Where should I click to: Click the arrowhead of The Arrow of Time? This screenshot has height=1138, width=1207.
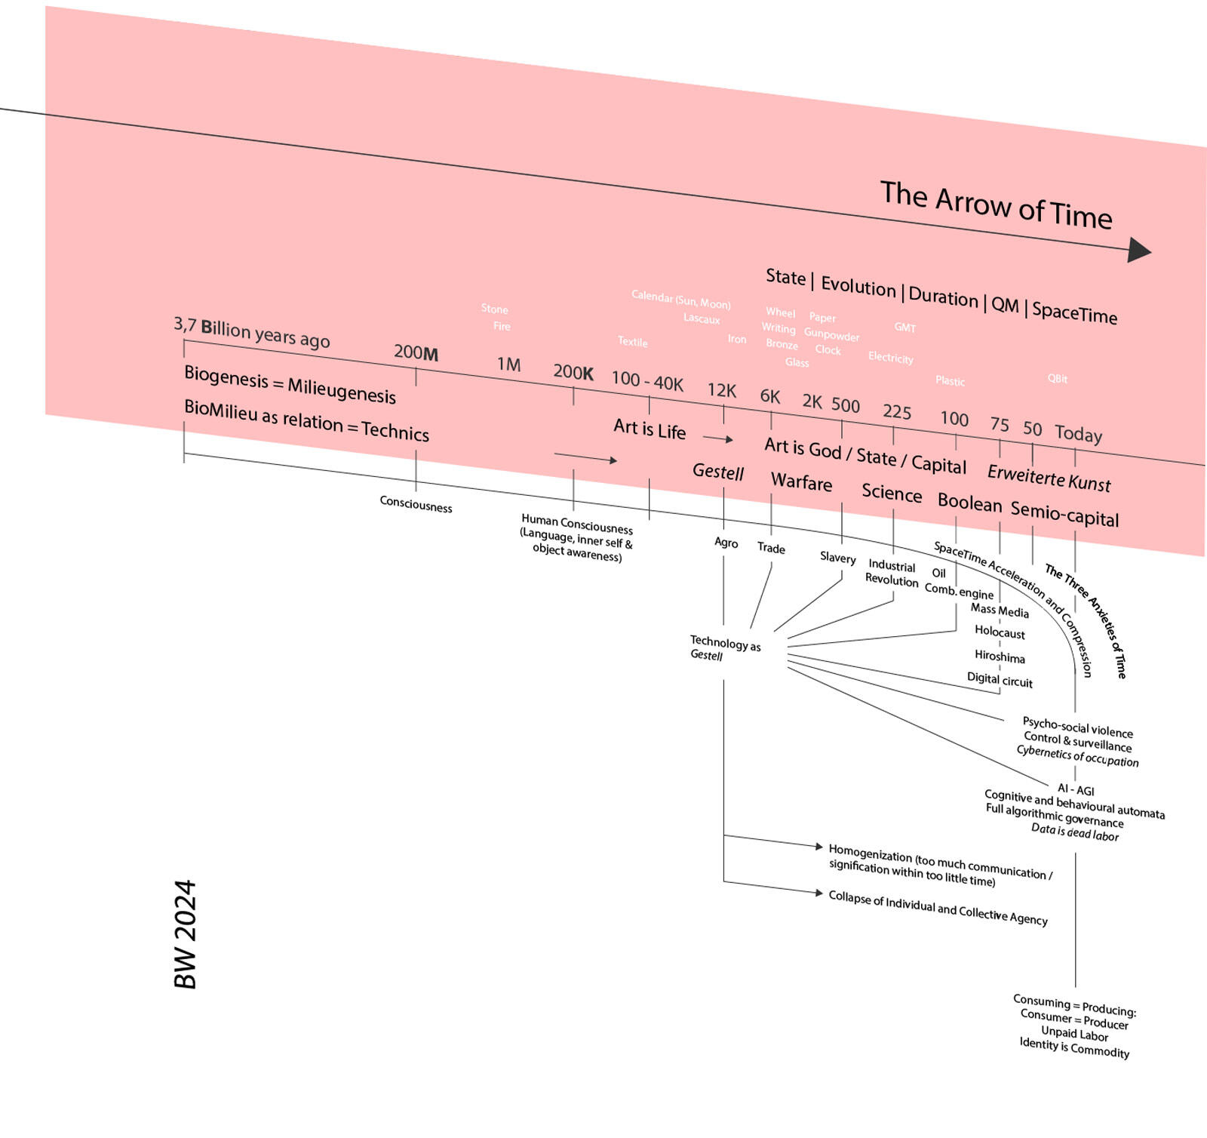[1139, 250]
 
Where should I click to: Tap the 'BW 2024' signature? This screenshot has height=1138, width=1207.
[186, 933]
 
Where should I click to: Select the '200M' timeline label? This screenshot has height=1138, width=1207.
[416, 352]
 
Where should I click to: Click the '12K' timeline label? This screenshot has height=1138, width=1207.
[721, 390]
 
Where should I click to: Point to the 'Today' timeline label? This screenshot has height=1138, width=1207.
[1078, 433]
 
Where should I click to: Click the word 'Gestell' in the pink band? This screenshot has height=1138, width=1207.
[717, 472]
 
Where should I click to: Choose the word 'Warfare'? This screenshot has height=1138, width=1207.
[801, 481]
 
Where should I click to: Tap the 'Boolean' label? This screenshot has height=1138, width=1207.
[969, 503]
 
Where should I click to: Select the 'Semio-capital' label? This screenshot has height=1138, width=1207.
[1064, 514]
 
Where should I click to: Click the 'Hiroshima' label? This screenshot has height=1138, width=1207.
[1000, 657]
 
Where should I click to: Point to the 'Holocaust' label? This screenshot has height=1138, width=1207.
[1000, 632]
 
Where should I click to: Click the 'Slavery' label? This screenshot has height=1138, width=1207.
[837, 558]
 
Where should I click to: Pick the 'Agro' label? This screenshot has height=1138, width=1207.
[726, 543]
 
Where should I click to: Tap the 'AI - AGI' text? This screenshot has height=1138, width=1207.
[1076, 790]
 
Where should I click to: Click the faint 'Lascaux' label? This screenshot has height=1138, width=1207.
[702, 318]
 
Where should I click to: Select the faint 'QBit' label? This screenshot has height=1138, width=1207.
[1057, 379]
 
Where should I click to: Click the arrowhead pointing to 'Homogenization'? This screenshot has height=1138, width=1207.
[819, 847]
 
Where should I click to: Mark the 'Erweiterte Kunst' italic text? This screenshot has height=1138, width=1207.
[1049, 478]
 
